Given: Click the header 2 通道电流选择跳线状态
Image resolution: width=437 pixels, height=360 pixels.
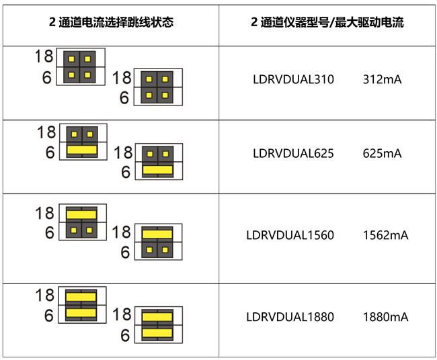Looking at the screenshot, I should pyautogui.click(x=112, y=23).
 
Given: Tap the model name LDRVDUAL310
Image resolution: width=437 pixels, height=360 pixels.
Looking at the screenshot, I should pyautogui.click(x=293, y=79).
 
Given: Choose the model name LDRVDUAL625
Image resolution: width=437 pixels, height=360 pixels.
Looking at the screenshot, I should pyautogui.click(x=293, y=153).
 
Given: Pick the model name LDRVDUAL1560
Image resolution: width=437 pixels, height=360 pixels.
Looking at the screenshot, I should pyautogui.click(x=290, y=236).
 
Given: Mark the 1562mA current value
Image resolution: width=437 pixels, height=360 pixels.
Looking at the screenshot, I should pyautogui.click(x=385, y=236).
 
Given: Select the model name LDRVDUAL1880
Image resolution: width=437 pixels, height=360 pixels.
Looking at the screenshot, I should pyautogui.click(x=290, y=317).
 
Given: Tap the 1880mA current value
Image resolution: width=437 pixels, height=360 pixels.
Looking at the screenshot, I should pyautogui.click(x=385, y=317).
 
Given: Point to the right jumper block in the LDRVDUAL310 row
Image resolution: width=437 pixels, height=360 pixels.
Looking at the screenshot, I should pyautogui.click(x=157, y=87).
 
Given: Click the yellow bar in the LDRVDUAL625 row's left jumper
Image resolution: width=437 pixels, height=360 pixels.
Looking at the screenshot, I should pyautogui.click(x=82, y=150).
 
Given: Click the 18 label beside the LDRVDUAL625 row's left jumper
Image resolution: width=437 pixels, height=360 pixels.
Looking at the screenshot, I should pyautogui.click(x=46, y=133).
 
